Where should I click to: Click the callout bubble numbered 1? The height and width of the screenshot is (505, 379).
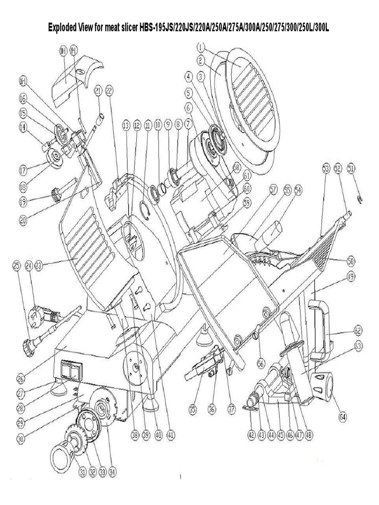[x=200, y=48]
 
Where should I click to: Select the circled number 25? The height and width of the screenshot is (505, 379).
[x=16, y=266]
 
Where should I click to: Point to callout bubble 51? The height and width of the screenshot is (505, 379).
[x=351, y=168]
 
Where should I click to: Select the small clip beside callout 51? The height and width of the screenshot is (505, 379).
[x=361, y=198]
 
